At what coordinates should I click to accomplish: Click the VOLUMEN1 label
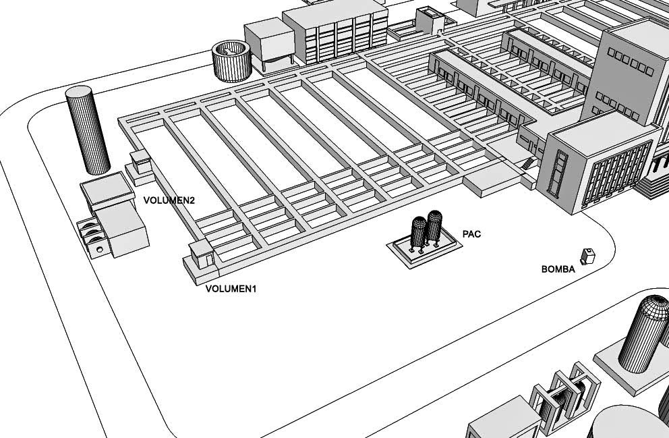(x=231, y=289)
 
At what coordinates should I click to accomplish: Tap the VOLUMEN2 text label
(x=169, y=200)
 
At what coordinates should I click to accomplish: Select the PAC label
(x=471, y=234)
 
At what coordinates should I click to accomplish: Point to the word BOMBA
(x=558, y=269)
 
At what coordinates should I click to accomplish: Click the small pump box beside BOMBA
(x=587, y=256)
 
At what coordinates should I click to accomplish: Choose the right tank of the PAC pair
(x=434, y=227)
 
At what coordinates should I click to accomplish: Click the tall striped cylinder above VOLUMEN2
(x=88, y=130)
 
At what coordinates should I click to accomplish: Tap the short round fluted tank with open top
(x=231, y=61)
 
